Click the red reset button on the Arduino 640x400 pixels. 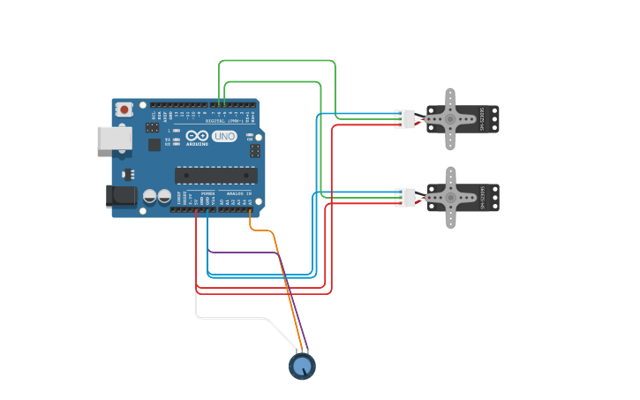(124, 109)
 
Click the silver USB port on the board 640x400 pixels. (113, 137)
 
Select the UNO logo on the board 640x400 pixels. (224, 137)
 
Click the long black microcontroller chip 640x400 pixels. (216, 176)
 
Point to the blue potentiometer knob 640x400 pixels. (302, 365)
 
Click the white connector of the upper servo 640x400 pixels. (404, 118)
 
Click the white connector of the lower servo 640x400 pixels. (404, 198)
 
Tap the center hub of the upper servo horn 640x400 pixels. (450, 118)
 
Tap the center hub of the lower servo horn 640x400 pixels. (450, 198)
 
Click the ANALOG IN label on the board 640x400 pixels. (238, 192)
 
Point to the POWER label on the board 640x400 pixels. (207, 192)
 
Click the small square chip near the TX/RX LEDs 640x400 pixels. (153, 143)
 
